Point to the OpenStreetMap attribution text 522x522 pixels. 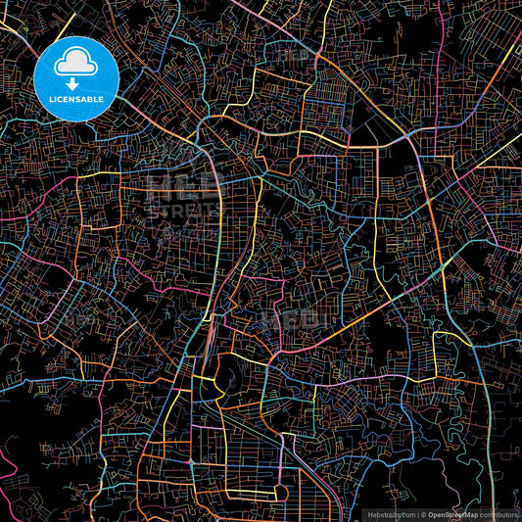(x=453, y=513)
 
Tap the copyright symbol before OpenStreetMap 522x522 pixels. (x=423, y=513)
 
